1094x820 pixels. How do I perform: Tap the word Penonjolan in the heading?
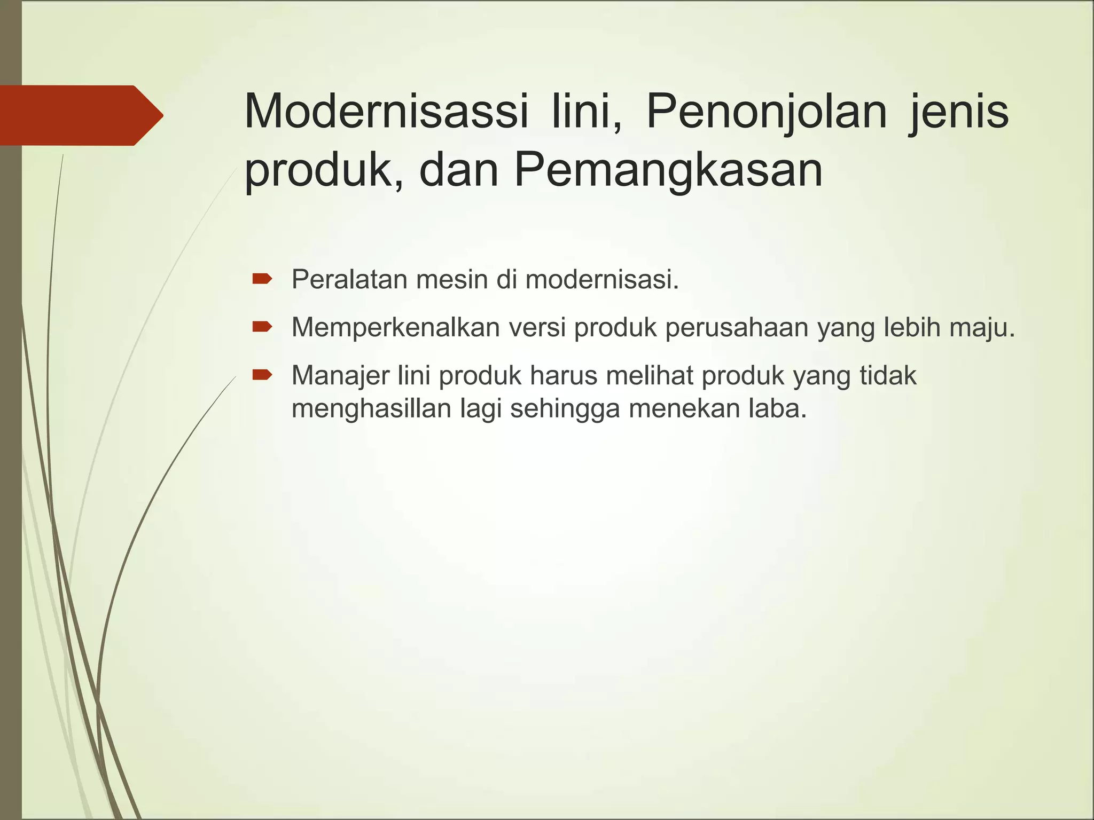(767, 112)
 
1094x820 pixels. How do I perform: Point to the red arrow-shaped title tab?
(80, 115)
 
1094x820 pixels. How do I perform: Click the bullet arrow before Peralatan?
(262, 278)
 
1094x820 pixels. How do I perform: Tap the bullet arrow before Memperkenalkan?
(262, 326)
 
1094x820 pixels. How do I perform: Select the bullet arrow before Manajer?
(262, 375)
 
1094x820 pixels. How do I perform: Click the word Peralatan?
(349, 279)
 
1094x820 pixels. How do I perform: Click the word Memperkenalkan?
(395, 327)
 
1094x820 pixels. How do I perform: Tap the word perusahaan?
(737, 328)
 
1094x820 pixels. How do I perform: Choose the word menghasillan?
(372, 409)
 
